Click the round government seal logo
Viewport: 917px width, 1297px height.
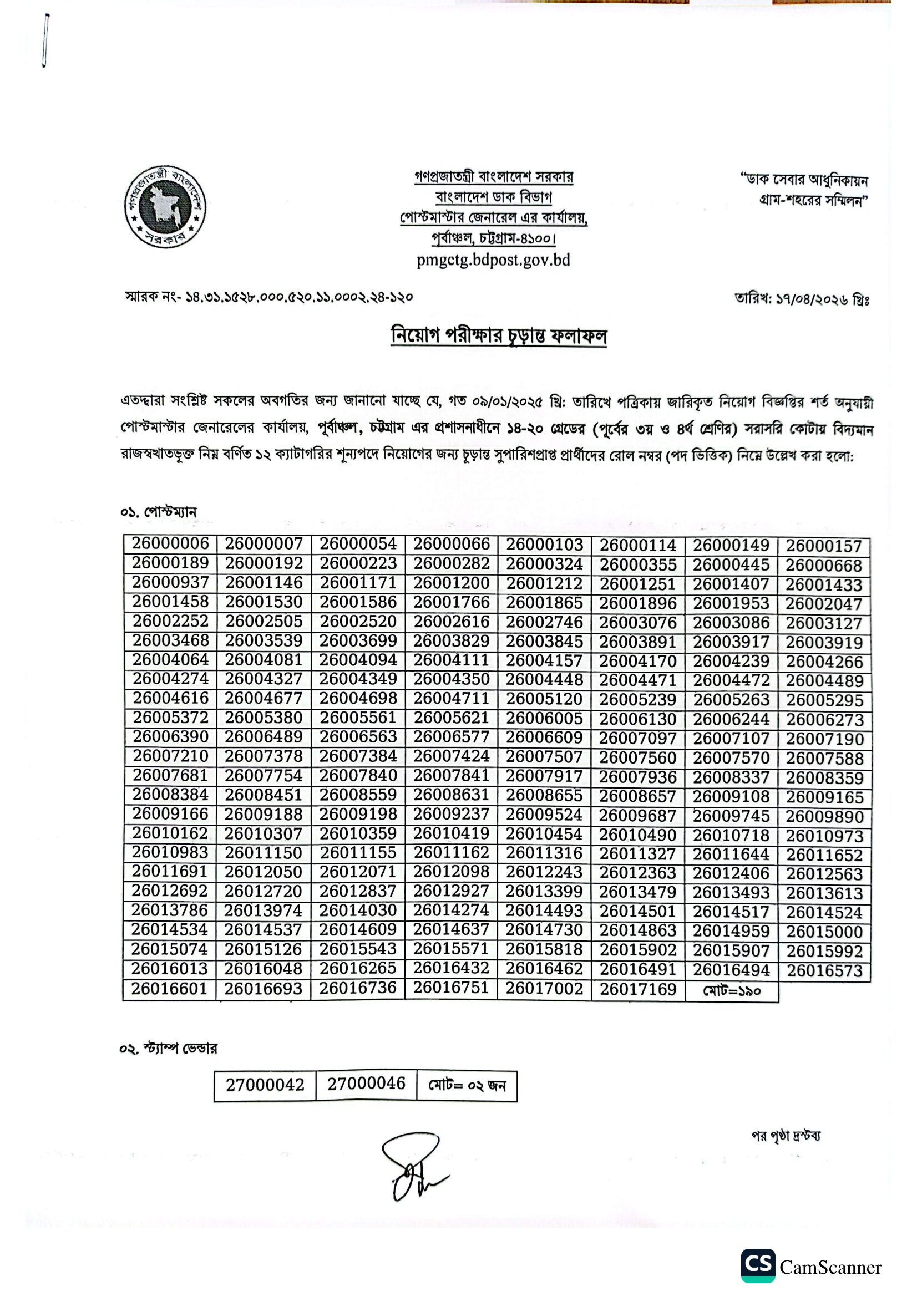pos(164,206)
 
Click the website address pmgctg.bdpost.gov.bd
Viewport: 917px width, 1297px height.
pos(493,261)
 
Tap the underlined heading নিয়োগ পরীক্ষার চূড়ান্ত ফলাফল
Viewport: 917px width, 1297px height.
pos(498,336)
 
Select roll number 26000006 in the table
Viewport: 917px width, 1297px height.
pos(170,543)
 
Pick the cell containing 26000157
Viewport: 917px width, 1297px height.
pos(824,546)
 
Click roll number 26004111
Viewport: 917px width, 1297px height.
pos(451,660)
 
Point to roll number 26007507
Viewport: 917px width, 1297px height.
pos(544,756)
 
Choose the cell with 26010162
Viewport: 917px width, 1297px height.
pos(170,833)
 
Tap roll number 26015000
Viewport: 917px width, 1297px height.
pos(824,932)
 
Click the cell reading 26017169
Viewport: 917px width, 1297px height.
pos(638,990)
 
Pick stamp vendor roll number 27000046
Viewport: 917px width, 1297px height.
pos(366,1084)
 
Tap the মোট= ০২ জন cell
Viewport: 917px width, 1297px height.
pos(467,1085)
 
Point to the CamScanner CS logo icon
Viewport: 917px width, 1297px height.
pos(758,1266)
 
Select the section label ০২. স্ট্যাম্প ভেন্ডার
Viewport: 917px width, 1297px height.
pos(169,1049)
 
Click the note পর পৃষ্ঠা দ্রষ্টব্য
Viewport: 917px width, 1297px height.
pos(786,1136)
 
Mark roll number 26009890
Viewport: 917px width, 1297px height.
pos(824,817)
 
